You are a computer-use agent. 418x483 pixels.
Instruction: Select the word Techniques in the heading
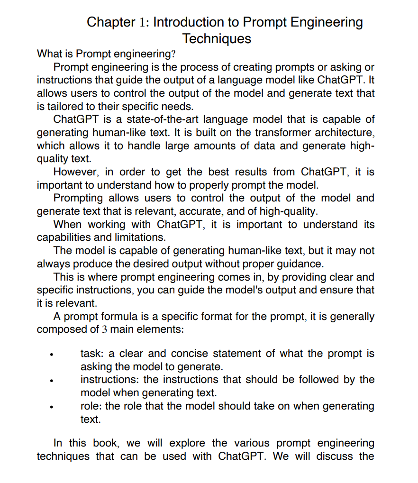(x=217, y=38)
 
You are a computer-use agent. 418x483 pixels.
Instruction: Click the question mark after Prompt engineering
(x=173, y=55)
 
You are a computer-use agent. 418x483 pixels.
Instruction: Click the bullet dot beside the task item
(x=55, y=355)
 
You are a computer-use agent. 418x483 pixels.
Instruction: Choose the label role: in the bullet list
(x=91, y=406)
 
